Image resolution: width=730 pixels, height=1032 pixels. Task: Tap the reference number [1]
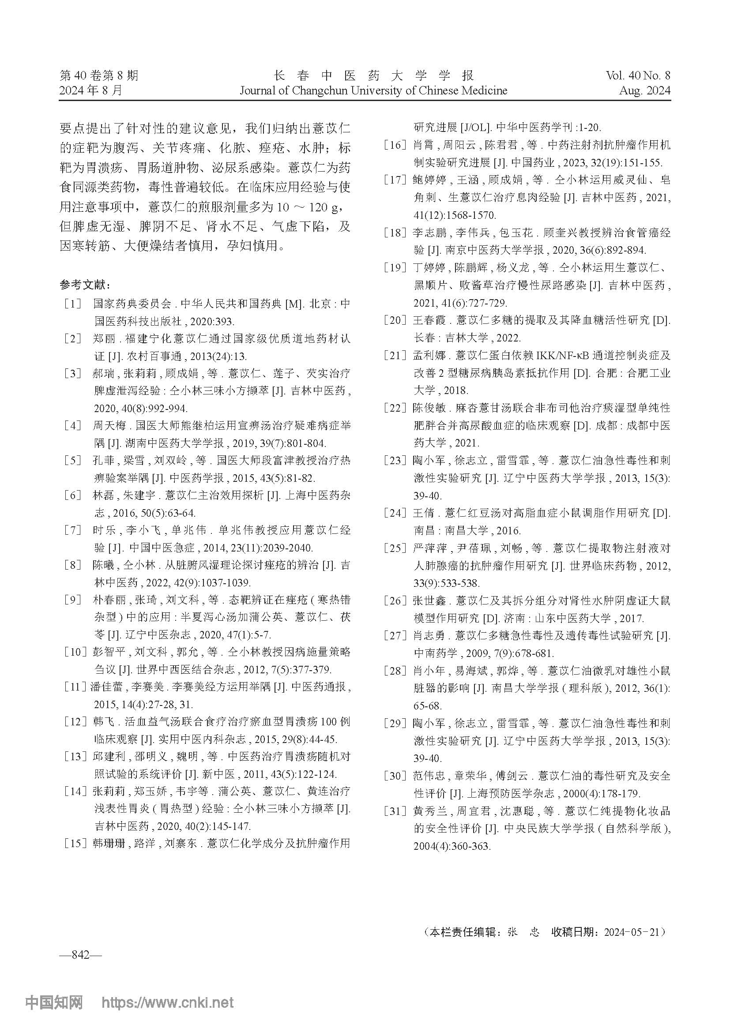tap(72, 304)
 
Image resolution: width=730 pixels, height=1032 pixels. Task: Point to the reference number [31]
tap(395, 811)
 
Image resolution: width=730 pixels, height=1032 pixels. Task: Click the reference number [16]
tap(395, 145)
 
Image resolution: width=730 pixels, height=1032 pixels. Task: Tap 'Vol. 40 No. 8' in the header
tap(638, 75)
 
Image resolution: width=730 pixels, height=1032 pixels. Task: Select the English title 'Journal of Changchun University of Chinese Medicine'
tap(373, 90)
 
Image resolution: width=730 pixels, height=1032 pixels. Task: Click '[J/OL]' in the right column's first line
tap(478, 128)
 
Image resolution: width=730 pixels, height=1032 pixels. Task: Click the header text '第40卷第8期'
tap(99, 75)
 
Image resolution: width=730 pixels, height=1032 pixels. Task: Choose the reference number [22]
tap(395, 408)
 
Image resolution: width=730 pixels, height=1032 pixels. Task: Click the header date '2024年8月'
tap(91, 90)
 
